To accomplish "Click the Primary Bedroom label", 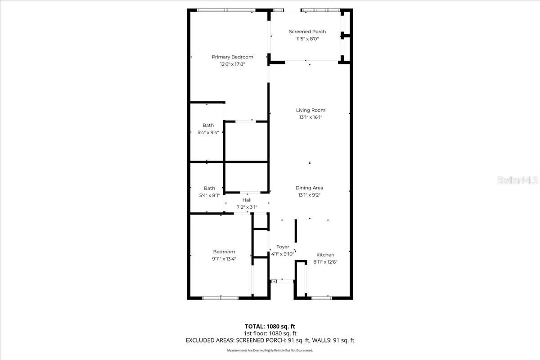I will [232, 57].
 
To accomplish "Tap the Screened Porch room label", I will [307, 31].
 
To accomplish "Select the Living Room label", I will [310, 110].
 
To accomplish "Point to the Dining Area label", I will [309, 188].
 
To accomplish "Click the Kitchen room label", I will [325, 255].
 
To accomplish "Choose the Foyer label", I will [283, 247].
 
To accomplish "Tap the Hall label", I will [247, 200].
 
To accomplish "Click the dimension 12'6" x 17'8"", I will [232, 64].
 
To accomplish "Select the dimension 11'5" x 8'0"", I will [307, 39].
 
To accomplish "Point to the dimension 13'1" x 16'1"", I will [310, 117].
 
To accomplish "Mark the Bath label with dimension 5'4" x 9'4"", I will [208, 125].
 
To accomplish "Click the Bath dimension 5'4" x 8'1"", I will [209, 195].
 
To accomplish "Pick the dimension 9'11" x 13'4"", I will [224, 259].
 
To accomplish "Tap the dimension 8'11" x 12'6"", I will [325, 262].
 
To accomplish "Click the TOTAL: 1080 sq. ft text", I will [270, 326].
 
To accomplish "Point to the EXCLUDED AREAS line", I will [270, 341].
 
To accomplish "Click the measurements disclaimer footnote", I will [270, 350].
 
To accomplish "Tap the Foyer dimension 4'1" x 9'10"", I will [283, 254].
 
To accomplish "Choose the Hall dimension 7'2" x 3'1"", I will [247, 207].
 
